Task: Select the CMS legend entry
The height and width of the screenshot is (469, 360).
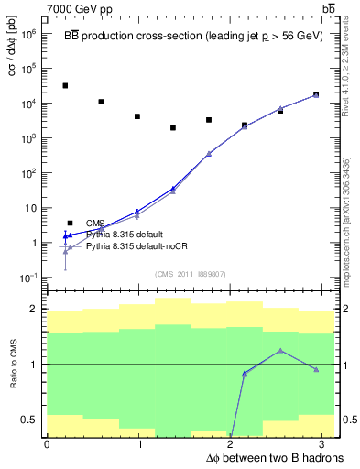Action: click(95, 223)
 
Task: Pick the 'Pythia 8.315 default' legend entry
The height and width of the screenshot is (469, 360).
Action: click(126, 234)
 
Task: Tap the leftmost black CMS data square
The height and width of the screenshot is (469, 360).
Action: click(65, 85)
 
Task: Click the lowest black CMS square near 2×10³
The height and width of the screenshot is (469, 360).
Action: click(173, 127)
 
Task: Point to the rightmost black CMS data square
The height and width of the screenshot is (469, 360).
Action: click(316, 94)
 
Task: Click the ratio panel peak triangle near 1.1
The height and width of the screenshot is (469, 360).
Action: click(280, 351)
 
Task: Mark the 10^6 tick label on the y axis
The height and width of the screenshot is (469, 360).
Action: click(27, 33)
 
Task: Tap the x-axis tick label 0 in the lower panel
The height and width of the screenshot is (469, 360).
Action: click(47, 444)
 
